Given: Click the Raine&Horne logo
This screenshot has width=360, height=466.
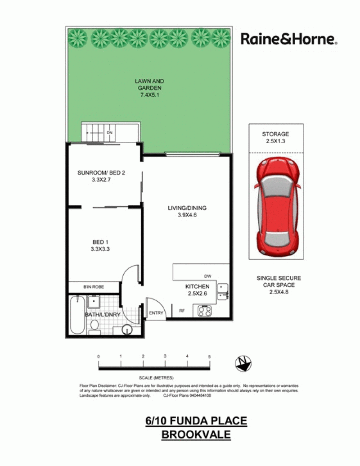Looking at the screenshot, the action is tap(289, 39).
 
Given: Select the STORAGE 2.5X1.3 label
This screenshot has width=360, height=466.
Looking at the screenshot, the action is tap(275, 138).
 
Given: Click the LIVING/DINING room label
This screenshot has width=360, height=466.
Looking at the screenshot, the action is tap(187, 211).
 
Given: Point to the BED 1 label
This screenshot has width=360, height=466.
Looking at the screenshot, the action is tap(100, 245).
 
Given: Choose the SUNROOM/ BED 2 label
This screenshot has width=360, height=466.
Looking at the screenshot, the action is tap(101, 176).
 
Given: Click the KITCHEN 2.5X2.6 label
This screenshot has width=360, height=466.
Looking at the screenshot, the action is tap(197, 290).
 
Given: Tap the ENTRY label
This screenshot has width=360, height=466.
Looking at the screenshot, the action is tap(156, 313).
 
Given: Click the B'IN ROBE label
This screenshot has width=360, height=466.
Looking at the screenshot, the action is tap(94, 287).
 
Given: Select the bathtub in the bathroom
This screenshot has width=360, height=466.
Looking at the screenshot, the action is tap(77, 315).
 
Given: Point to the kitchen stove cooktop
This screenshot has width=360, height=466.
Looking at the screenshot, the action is tap(205, 311).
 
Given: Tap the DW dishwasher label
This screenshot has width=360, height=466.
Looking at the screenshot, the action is tap(207, 276).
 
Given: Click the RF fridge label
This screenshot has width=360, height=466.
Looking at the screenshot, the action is tap(182, 311).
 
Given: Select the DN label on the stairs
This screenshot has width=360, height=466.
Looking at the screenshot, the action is tap(110, 132).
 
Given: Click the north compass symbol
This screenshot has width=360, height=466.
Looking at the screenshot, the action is tap(243, 363).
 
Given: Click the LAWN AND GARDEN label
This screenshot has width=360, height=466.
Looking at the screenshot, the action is tap(149, 88).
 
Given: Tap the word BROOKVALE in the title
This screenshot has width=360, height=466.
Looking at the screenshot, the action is tap(196, 434).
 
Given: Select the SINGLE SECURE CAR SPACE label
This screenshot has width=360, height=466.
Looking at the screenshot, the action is tap(279, 285).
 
